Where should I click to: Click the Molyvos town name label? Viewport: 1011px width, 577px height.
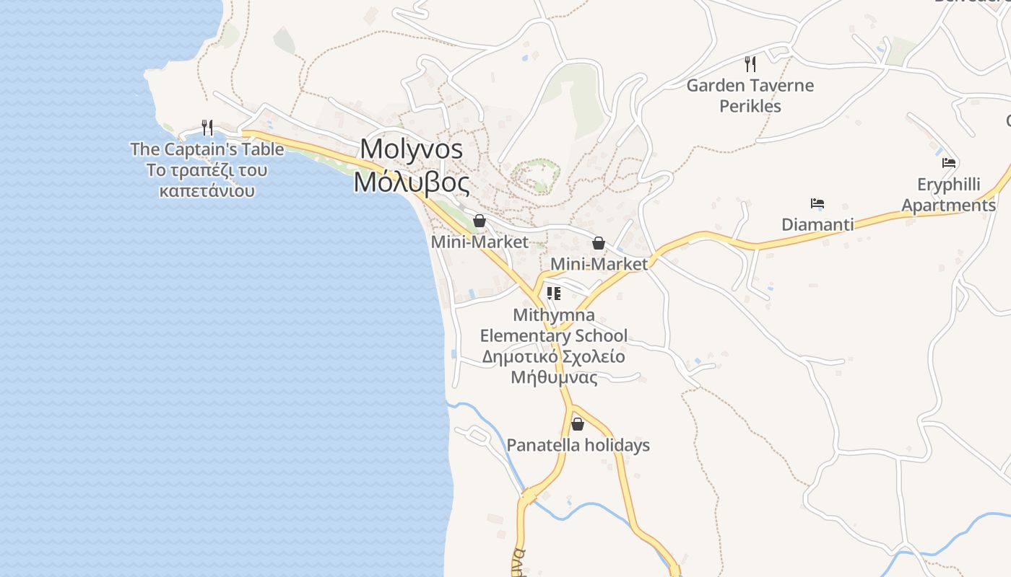411,149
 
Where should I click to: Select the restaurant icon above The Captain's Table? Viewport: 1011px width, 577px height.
207,128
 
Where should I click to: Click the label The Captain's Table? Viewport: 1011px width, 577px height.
207,149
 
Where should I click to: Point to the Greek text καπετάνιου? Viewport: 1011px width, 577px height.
207,191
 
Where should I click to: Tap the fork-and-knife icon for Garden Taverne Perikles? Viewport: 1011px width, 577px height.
750,64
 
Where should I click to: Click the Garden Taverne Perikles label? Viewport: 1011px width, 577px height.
750,95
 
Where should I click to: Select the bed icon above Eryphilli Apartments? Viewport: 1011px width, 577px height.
949,163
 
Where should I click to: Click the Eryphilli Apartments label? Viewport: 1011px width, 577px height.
948,195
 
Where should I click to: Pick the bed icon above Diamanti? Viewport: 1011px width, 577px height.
817,203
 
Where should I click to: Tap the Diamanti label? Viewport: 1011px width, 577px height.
817,224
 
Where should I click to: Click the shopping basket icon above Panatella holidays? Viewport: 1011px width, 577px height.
578,424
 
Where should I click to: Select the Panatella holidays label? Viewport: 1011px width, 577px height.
578,445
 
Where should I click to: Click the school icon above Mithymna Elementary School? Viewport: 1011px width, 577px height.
554,294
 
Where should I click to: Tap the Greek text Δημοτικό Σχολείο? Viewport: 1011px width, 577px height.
554,356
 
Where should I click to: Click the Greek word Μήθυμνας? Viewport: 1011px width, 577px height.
554,377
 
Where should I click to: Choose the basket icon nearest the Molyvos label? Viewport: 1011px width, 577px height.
480,221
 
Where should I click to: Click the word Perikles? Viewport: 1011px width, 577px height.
750,106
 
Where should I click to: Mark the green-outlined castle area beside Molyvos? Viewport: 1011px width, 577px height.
535,175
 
